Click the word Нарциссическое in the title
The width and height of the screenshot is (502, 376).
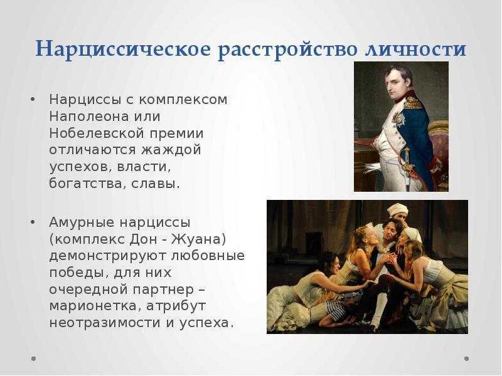tap(124, 49)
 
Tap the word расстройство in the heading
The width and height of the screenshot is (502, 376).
tap(287, 50)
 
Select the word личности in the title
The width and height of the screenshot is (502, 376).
tap(415, 50)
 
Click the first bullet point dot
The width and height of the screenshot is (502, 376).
tap(33, 100)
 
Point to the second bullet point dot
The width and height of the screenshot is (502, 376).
tap(33, 222)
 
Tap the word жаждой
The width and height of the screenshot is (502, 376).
tap(171, 150)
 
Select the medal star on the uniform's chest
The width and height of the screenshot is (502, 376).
tap(398, 119)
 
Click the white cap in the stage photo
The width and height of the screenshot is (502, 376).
tap(397, 211)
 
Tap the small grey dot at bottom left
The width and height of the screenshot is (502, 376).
tap(33, 358)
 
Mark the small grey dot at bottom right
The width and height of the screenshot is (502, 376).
tap(466, 358)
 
